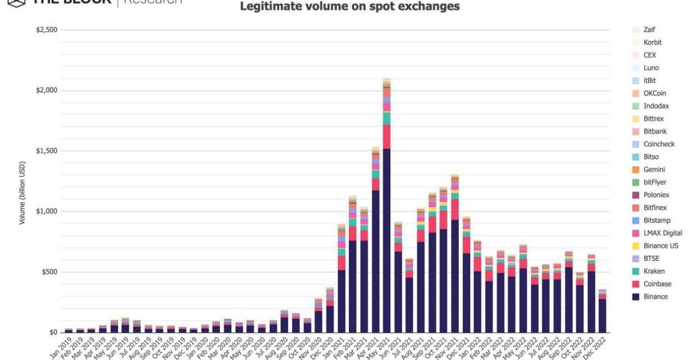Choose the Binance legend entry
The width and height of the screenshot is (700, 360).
tap(655, 297)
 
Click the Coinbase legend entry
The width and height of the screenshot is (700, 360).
tap(656, 284)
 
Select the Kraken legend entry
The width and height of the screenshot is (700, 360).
tap(654, 271)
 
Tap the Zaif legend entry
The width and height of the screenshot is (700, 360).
tap(649, 30)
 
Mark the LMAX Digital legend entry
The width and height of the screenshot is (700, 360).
tap(662, 233)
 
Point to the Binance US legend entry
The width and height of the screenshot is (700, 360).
tap(661, 246)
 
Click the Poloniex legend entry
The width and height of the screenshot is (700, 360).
tap(656, 195)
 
